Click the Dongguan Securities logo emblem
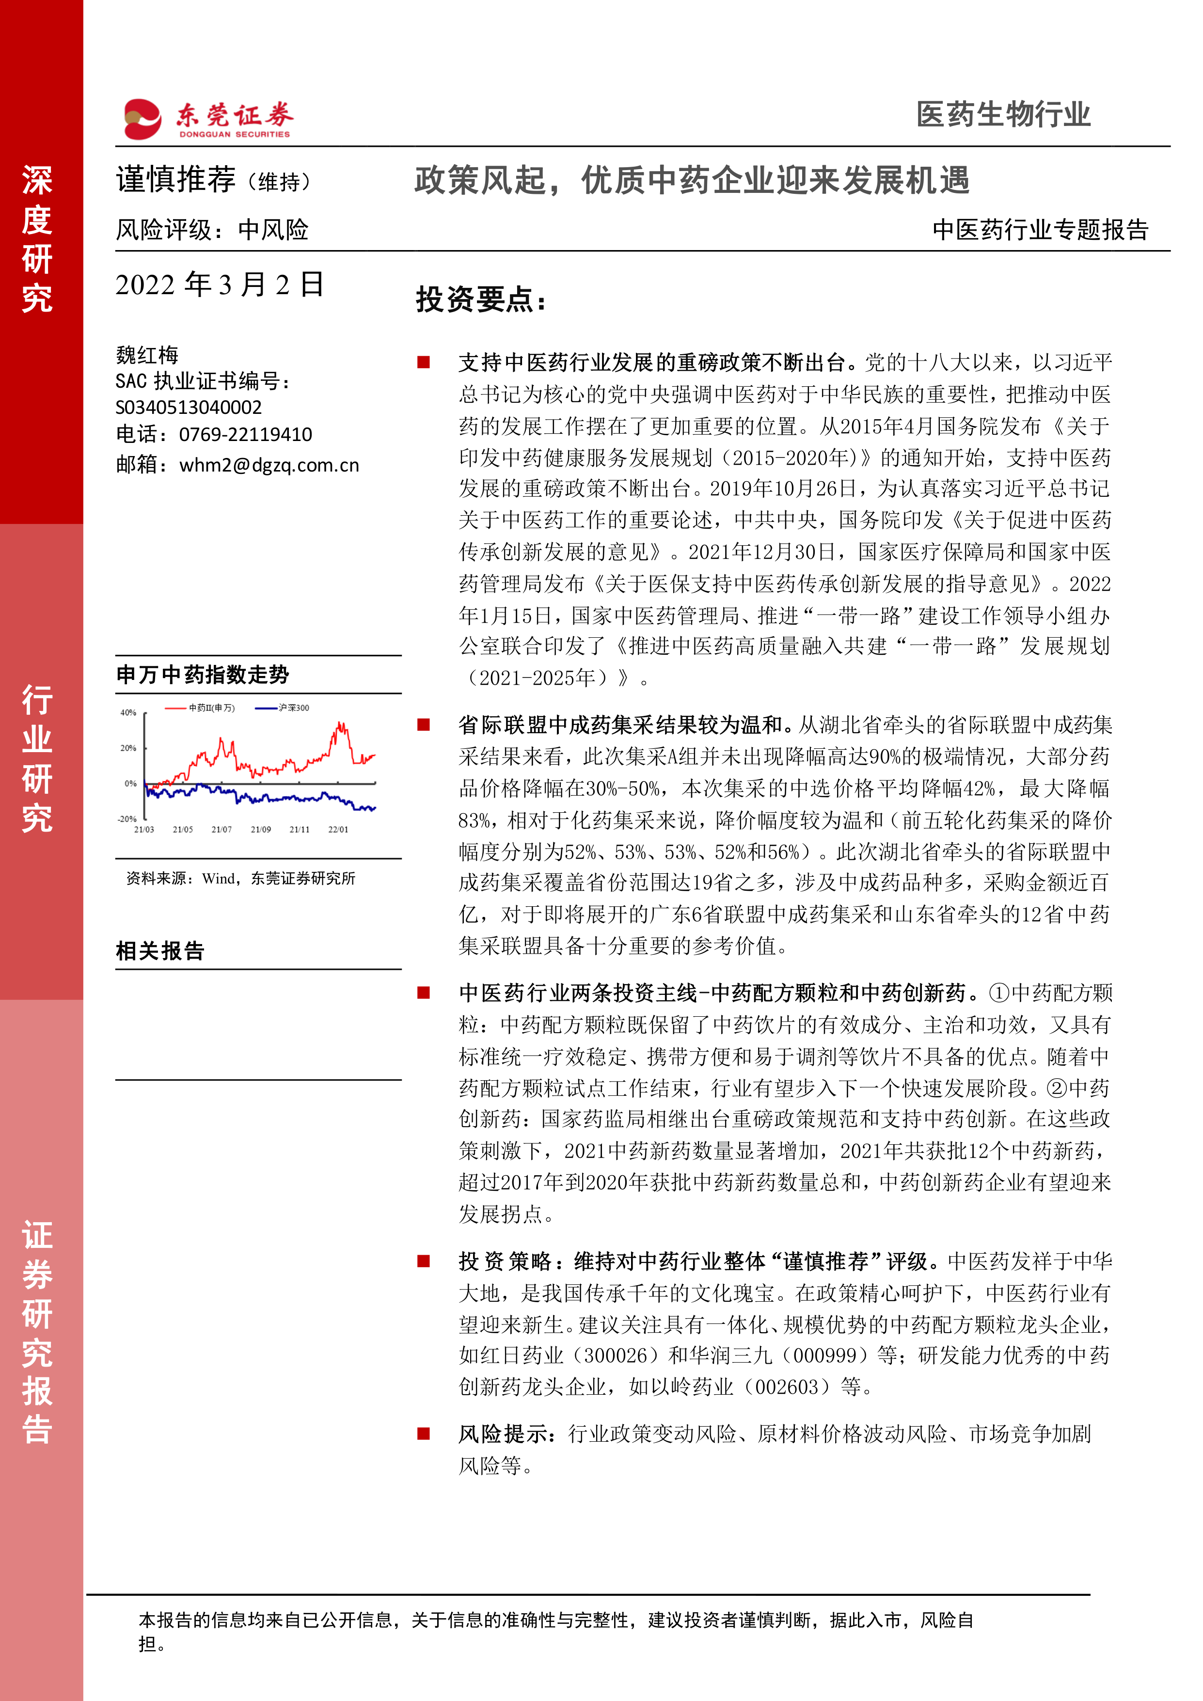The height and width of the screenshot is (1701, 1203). tap(142, 119)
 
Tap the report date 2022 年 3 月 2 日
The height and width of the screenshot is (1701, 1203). tap(220, 284)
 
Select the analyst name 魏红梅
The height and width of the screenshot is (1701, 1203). tap(147, 355)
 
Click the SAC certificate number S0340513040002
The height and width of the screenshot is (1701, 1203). tap(189, 408)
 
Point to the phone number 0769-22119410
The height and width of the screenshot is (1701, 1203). tap(245, 434)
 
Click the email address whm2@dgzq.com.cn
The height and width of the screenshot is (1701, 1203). tap(269, 465)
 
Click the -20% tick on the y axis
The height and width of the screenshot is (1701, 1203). tap(127, 819)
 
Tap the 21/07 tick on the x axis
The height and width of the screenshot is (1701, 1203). tap(222, 830)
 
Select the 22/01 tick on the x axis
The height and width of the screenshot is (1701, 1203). tap(338, 830)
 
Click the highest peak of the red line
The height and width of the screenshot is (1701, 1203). tap(341, 723)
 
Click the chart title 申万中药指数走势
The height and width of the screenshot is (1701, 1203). tap(202, 675)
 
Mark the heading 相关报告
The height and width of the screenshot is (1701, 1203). tap(160, 950)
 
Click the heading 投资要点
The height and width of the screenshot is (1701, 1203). tap(480, 300)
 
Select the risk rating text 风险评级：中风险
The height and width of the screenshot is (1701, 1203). tap(212, 230)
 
